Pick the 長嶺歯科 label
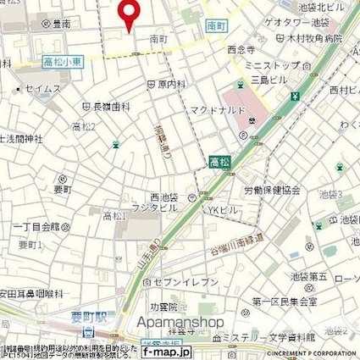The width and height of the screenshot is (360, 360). [111, 107]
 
